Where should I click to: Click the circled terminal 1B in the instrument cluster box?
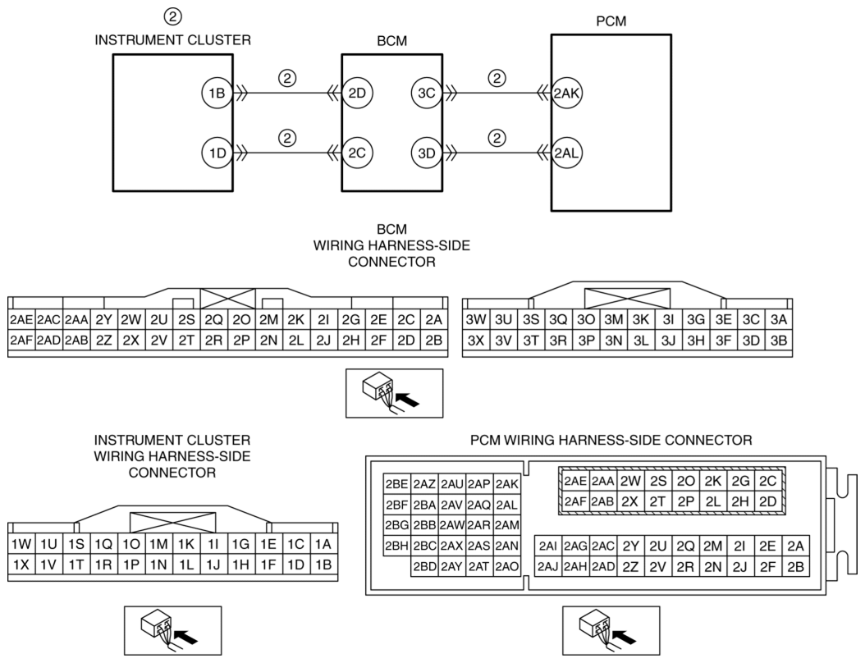217,94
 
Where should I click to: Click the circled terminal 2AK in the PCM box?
567,94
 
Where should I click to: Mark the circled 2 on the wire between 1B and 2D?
287,78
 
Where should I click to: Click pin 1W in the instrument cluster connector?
21,542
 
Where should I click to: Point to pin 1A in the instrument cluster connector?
323,542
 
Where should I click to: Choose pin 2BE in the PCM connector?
397,485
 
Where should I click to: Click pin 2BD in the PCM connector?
425,566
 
